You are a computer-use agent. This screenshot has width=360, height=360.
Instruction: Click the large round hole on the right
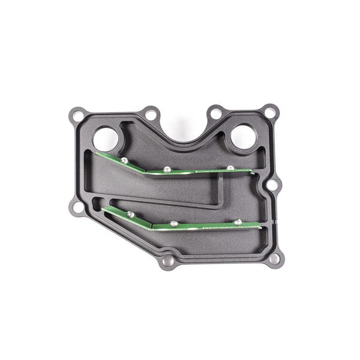point(243,136)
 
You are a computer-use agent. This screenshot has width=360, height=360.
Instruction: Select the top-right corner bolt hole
point(271,111)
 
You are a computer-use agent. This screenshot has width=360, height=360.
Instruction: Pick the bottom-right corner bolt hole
point(274,259)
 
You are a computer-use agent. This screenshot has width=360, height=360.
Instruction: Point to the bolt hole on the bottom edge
point(167,263)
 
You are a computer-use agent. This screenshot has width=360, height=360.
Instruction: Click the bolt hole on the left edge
point(74,207)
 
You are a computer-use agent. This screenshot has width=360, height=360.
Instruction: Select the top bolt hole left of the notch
point(149,112)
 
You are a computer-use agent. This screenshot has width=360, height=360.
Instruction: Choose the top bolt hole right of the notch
point(215,112)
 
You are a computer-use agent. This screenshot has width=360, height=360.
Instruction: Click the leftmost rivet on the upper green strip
point(123,160)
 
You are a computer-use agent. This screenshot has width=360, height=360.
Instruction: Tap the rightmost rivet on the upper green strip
point(230,167)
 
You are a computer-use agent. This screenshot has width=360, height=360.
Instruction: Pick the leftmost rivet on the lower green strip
point(130,214)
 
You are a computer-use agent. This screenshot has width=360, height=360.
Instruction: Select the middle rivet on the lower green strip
point(174,223)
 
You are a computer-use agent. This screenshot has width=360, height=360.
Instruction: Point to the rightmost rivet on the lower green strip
point(238,222)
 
